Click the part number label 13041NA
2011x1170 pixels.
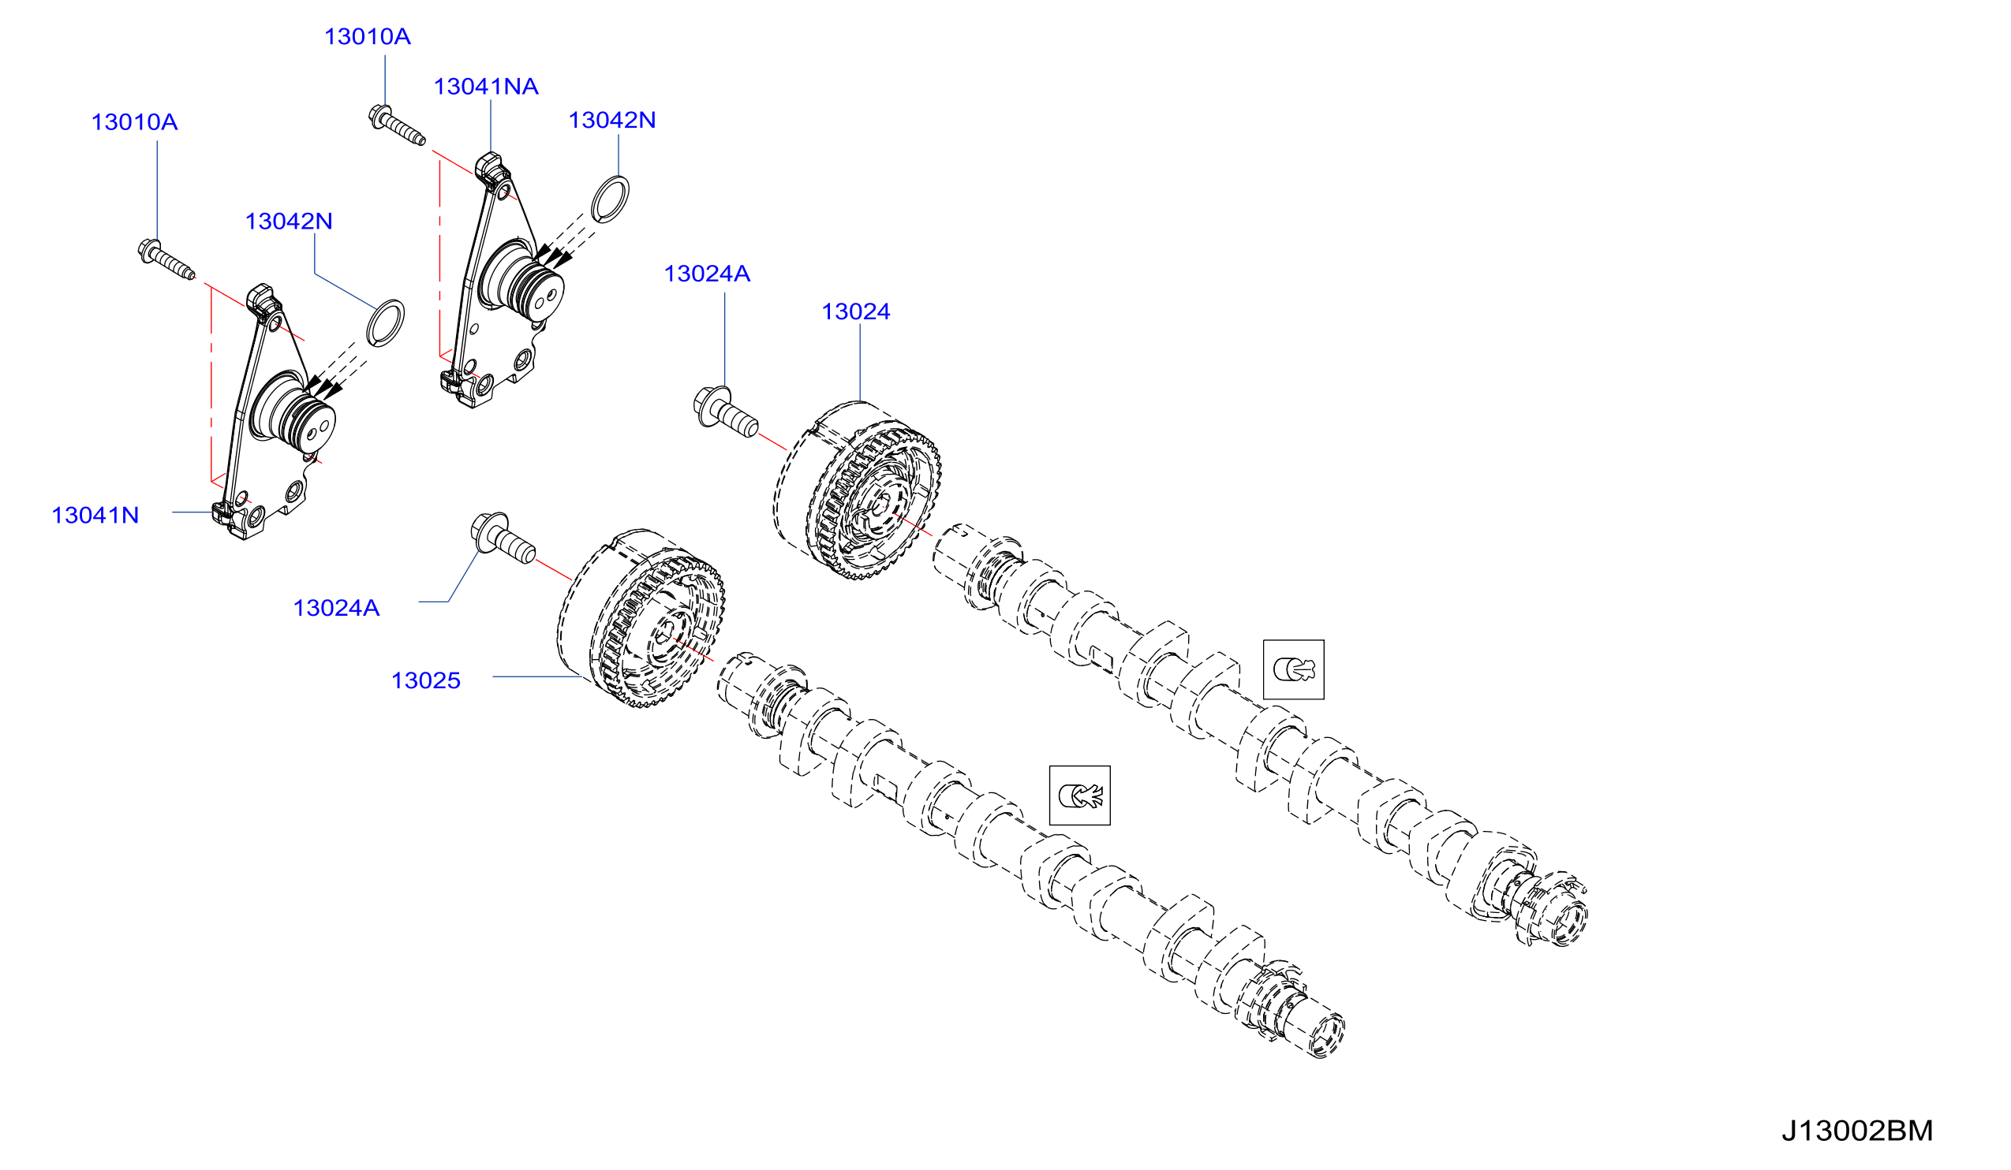tap(486, 86)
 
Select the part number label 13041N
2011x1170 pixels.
tap(95, 515)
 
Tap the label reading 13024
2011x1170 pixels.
tap(855, 311)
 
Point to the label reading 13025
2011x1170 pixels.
tap(425, 680)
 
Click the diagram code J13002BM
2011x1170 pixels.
tap(1857, 1131)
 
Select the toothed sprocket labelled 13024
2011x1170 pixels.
tap(857, 490)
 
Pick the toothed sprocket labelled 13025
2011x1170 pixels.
tap(641, 619)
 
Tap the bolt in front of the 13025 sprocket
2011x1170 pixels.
tap(503, 538)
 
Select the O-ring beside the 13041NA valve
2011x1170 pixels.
tap(611, 199)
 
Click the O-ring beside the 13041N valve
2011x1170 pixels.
tap(386, 323)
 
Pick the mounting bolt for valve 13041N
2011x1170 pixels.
tap(166, 260)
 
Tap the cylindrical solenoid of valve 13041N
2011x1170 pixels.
tap(293, 414)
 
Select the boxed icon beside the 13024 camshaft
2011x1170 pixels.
tap(1294, 669)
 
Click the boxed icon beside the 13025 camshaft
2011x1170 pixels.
tap(1080, 796)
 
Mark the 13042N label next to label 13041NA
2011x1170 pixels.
tap(612, 120)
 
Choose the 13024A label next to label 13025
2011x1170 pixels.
tap(336, 608)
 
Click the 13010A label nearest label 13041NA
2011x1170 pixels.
tap(367, 36)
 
